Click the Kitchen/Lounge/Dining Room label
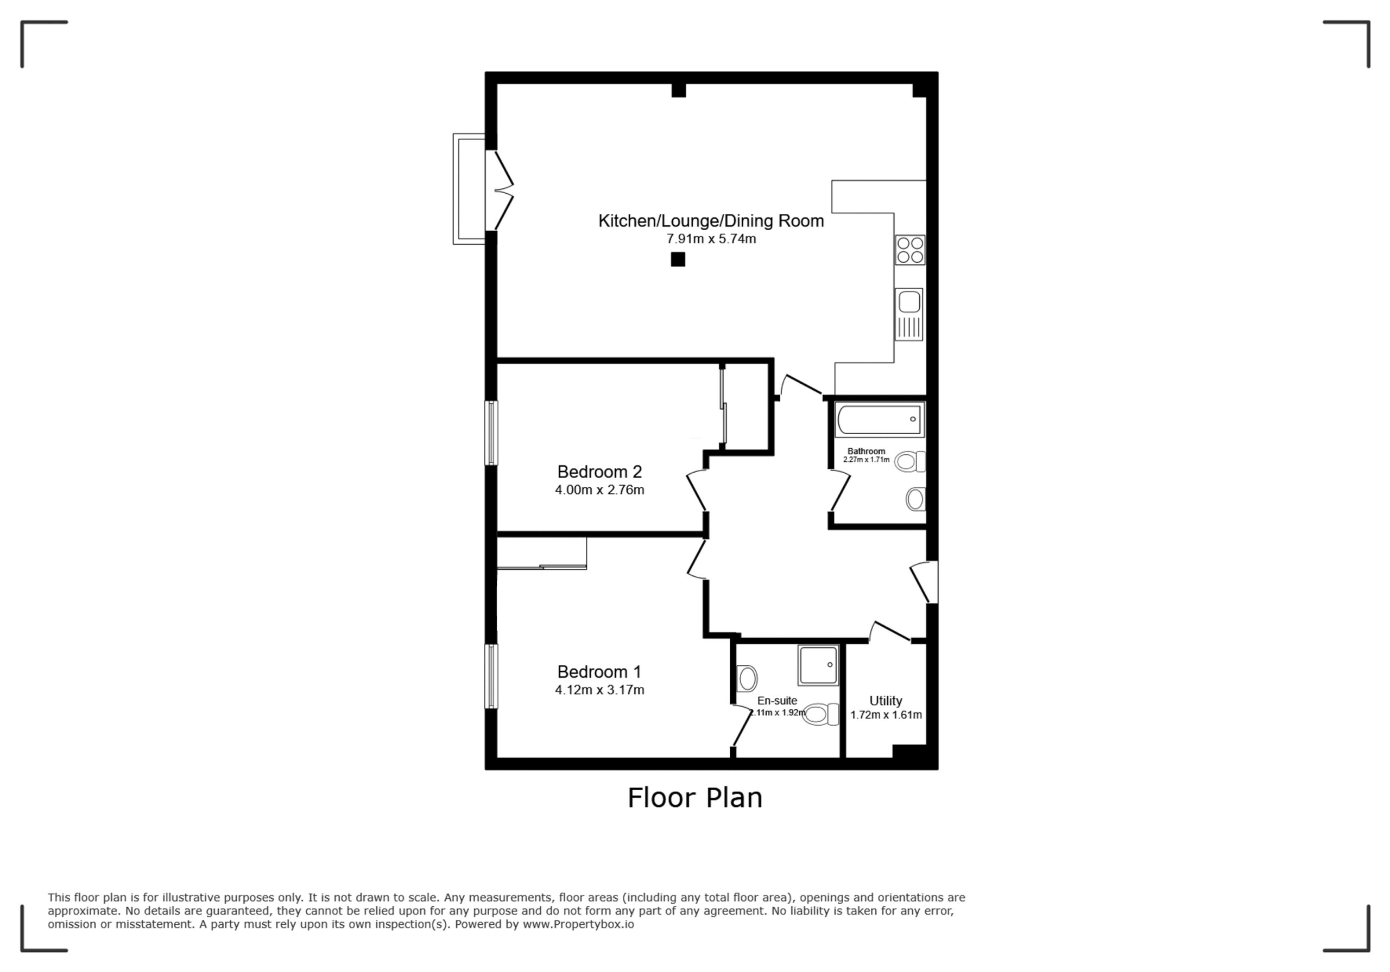coord(711,221)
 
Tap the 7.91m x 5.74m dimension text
coord(711,239)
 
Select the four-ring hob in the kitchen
coord(910,250)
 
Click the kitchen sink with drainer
coord(909,314)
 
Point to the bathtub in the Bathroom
coord(880,419)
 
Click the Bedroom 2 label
coord(599,472)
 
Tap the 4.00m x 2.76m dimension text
coord(599,490)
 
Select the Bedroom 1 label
coord(599,672)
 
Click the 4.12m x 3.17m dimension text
coord(599,690)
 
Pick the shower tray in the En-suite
coord(818,666)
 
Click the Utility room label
coord(886,701)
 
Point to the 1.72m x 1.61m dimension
coord(886,715)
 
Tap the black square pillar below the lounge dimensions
coord(678,259)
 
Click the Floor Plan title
coord(695,798)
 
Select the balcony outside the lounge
coord(469,189)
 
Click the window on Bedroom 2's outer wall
coord(491,433)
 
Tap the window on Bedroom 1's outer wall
coord(491,676)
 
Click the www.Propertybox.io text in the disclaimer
coord(578,925)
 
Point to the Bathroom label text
coord(867,452)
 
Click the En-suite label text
coord(778,701)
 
